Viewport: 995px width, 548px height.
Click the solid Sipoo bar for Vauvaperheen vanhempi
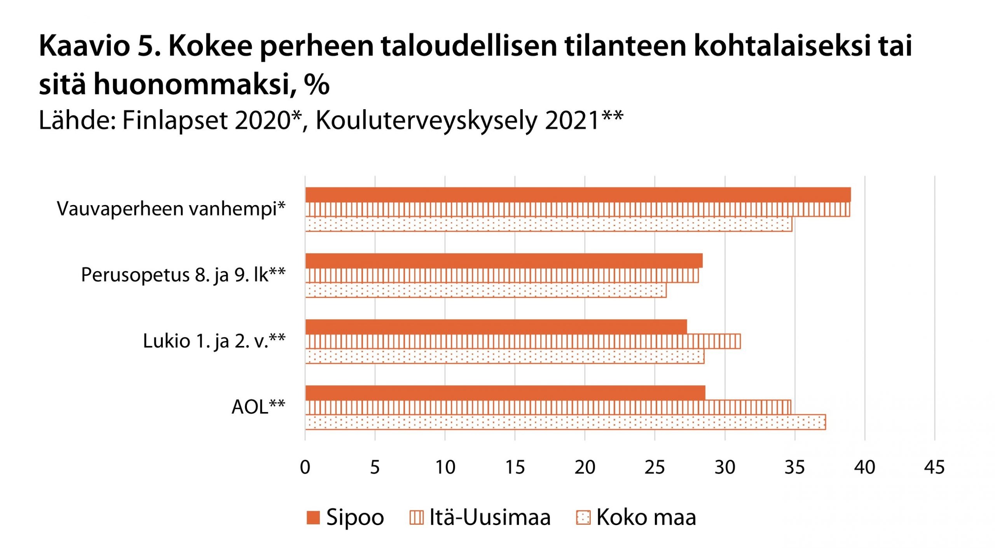[578, 195]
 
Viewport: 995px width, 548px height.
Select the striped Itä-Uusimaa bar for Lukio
[523, 341]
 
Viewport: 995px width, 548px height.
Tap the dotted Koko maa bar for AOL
[565, 422]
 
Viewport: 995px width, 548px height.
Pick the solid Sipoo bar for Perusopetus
[504, 261]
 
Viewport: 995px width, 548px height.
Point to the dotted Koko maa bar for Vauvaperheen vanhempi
[548, 224]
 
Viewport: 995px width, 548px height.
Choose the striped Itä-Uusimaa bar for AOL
[548, 407]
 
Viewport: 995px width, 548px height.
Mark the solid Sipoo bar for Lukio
[496, 327]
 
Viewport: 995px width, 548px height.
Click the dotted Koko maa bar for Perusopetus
[486, 291]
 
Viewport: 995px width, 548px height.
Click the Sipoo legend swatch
[313, 518]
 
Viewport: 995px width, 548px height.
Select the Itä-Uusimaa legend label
[490, 518]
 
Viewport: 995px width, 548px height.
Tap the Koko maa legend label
[646, 518]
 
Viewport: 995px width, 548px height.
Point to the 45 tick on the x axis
[934, 467]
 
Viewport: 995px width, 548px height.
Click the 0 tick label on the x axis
[305, 467]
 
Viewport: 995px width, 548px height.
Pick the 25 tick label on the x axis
[655, 467]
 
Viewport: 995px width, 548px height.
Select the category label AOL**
[258, 407]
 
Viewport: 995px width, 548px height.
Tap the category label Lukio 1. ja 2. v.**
[214, 341]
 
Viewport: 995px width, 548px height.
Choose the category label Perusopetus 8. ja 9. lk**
[183, 275]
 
